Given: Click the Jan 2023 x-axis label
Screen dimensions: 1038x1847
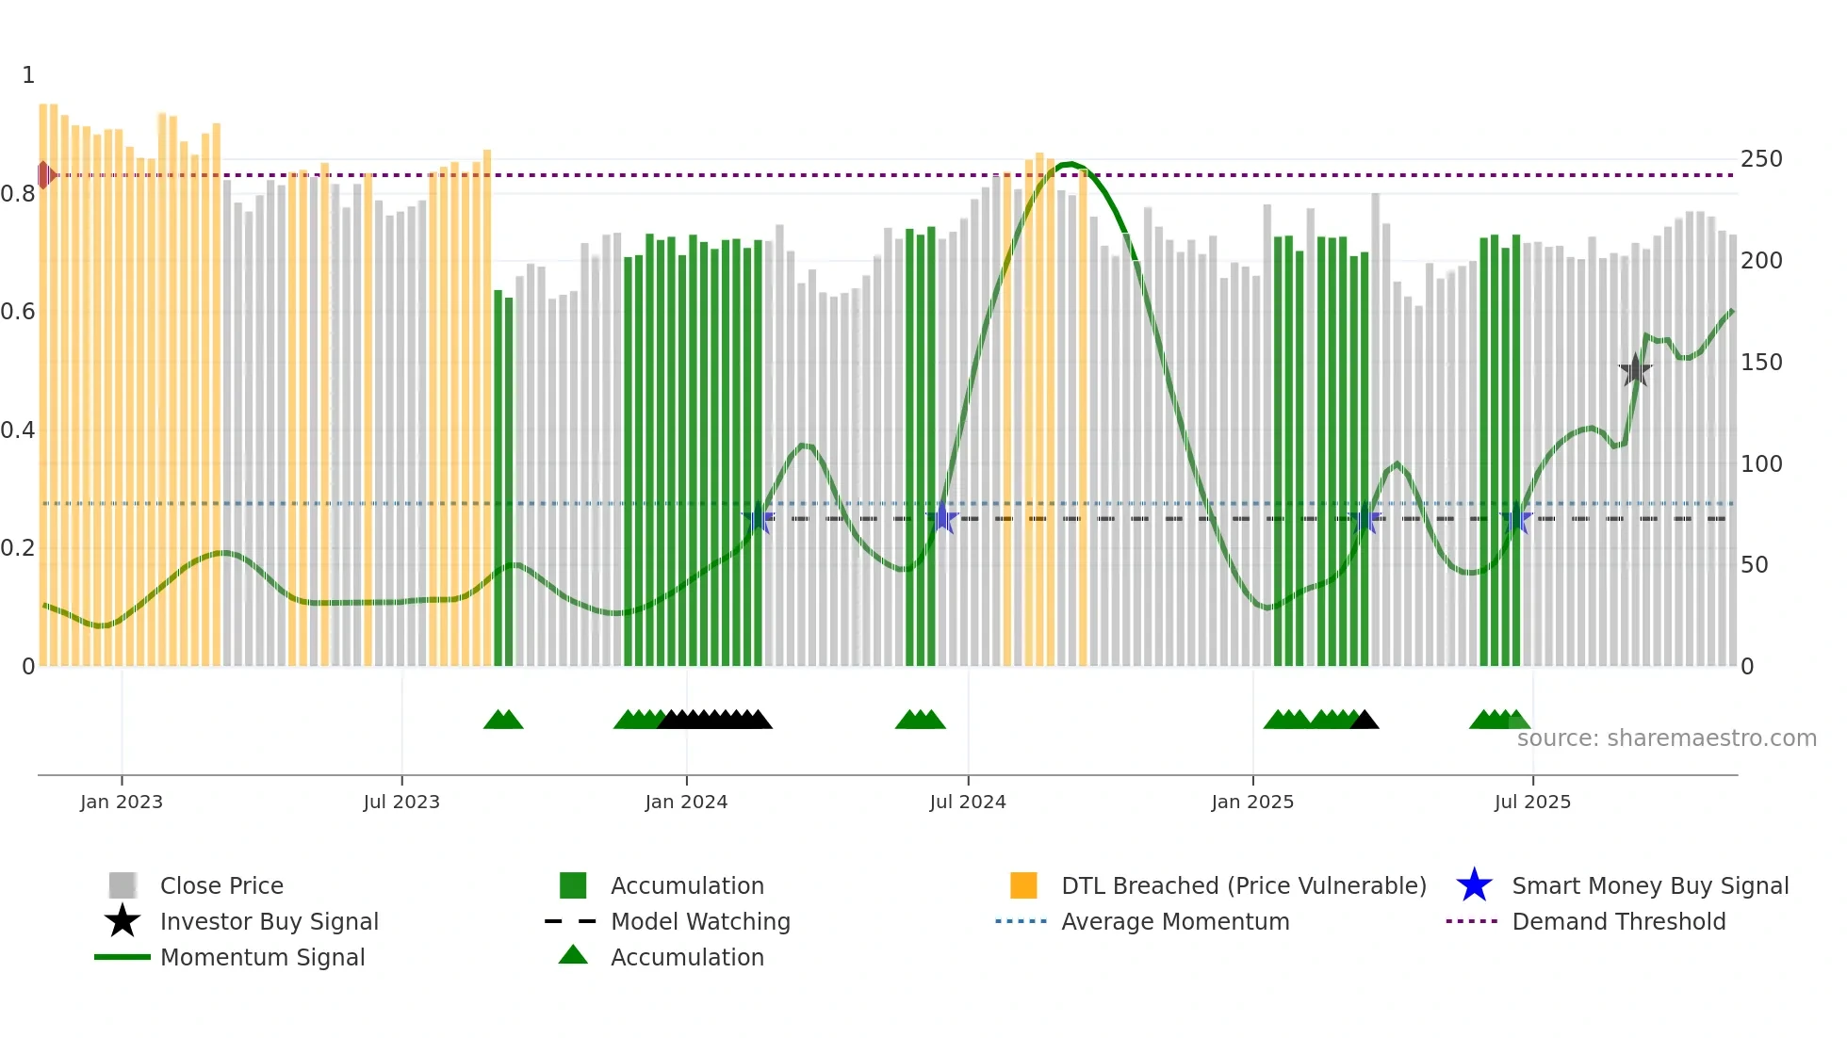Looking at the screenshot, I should [x=122, y=802].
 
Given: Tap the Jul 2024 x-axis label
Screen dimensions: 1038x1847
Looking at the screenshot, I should [x=968, y=802].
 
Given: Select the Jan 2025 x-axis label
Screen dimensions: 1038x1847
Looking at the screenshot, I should [x=1252, y=802].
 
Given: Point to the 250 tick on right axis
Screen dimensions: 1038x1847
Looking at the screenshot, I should [x=1761, y=158].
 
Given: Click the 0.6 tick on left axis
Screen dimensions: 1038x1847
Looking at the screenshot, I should [x=18, y=312].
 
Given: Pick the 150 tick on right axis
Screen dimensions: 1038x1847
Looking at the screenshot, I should [x=1761, y=362].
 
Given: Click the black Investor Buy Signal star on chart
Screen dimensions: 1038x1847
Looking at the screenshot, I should [x=1635, y=370].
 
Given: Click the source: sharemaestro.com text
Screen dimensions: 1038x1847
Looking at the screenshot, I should [x=1666, y=738].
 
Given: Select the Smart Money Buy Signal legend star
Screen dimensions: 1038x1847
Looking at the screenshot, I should [x=1474, y=885].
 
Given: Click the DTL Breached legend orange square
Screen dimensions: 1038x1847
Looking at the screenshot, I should [x=1023, y=885].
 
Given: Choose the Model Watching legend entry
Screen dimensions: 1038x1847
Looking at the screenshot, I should [x=699, y=921].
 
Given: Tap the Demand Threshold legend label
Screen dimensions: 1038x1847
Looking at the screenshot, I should [x=1618, y=921].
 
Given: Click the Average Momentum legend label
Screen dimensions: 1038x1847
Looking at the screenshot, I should [x=1175, y=921].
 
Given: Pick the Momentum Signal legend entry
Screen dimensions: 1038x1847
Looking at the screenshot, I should [x=262, y=957].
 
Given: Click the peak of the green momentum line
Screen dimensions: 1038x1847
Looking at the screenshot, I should [x=1070, y=165].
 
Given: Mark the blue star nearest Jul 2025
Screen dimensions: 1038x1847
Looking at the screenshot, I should [x=1516, y=519].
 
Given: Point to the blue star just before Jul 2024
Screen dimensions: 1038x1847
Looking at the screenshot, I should [x=941, y=518].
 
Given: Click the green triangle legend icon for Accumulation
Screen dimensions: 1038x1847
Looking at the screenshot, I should [x=573, y=955].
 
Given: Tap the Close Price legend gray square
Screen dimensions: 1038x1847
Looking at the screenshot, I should [x=123, y=885].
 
